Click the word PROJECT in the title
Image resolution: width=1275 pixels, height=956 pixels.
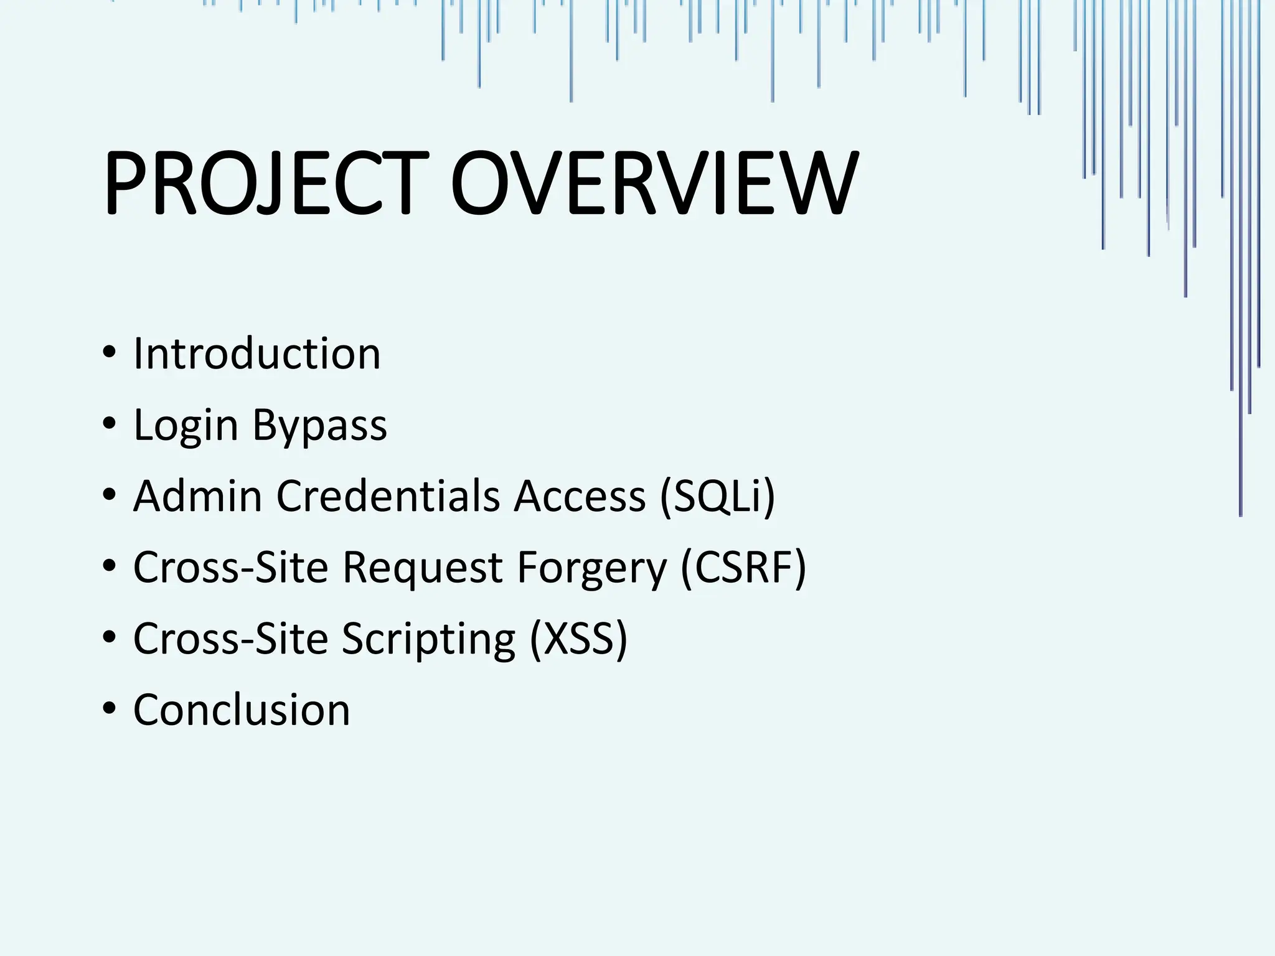266,184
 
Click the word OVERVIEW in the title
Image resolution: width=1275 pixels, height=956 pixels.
654,184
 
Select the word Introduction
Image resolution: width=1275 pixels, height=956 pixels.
256,354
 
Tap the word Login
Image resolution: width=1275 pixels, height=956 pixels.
186,426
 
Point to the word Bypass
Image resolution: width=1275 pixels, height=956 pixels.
319,426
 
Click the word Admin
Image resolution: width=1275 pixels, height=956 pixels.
197,496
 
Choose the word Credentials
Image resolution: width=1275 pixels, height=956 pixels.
388,496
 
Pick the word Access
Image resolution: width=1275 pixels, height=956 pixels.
580,496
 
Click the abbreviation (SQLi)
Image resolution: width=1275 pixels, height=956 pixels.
717,496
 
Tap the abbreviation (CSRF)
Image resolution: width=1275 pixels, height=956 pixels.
743,568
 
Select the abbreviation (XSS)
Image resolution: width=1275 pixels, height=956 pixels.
578,639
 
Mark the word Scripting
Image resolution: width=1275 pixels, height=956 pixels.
428,639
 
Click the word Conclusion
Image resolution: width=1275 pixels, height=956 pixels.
242,710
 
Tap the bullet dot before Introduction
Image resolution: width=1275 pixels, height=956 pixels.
110,353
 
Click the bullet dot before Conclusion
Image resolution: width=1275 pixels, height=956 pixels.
110,709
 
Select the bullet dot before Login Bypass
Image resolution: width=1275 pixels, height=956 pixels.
110,424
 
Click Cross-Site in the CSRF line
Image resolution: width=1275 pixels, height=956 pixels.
230,568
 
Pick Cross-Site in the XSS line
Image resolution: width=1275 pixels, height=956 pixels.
230,639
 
